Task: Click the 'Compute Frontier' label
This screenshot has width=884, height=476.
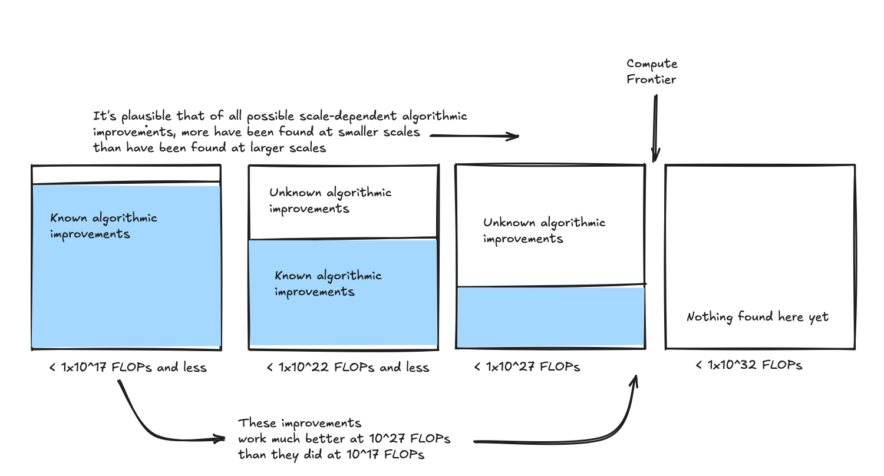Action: (652, 71)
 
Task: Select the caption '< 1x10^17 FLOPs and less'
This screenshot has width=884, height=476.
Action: (128, 367)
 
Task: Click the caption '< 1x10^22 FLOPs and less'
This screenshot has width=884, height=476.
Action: (348, 367)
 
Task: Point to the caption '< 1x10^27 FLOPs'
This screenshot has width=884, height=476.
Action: (527, 367)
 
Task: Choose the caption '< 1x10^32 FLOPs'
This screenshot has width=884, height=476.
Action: (748, 365)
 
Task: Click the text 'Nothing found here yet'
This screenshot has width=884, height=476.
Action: (757, 317)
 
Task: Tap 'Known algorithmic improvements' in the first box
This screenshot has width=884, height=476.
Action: (103, 226)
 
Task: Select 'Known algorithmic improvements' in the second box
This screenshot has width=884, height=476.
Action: (328, 283)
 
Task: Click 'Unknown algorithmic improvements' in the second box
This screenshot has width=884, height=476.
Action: (330, 201)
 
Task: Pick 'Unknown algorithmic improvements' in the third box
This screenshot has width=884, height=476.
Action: (544, 231)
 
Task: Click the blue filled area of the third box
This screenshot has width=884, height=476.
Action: (551, 317)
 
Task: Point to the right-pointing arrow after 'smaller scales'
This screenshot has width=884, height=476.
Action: (474, 136)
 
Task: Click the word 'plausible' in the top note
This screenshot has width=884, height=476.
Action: (146, 116)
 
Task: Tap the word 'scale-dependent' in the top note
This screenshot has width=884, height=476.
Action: (348, 116)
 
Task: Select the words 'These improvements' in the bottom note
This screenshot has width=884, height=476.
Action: (299, 423)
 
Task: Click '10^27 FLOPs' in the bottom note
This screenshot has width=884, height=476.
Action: (410, 438)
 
